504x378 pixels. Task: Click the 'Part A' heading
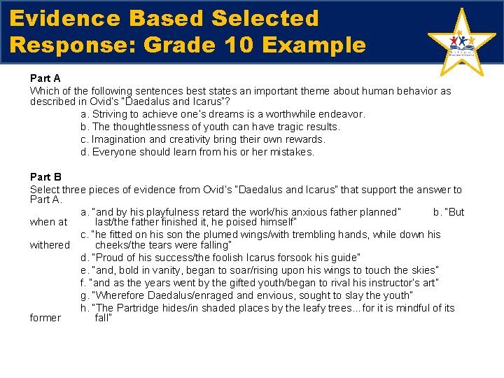tap(45, 79)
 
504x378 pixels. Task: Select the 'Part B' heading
tap(45, 177)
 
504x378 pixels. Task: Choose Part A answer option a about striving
tap(223, 114)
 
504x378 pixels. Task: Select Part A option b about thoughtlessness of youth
tap(210, 127)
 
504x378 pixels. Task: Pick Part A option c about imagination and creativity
tap(203, 139)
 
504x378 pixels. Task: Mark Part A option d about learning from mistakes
tap(197, 152)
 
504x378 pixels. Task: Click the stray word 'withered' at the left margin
tap(50, 245)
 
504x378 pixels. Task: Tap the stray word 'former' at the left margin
tap(46, 318)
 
